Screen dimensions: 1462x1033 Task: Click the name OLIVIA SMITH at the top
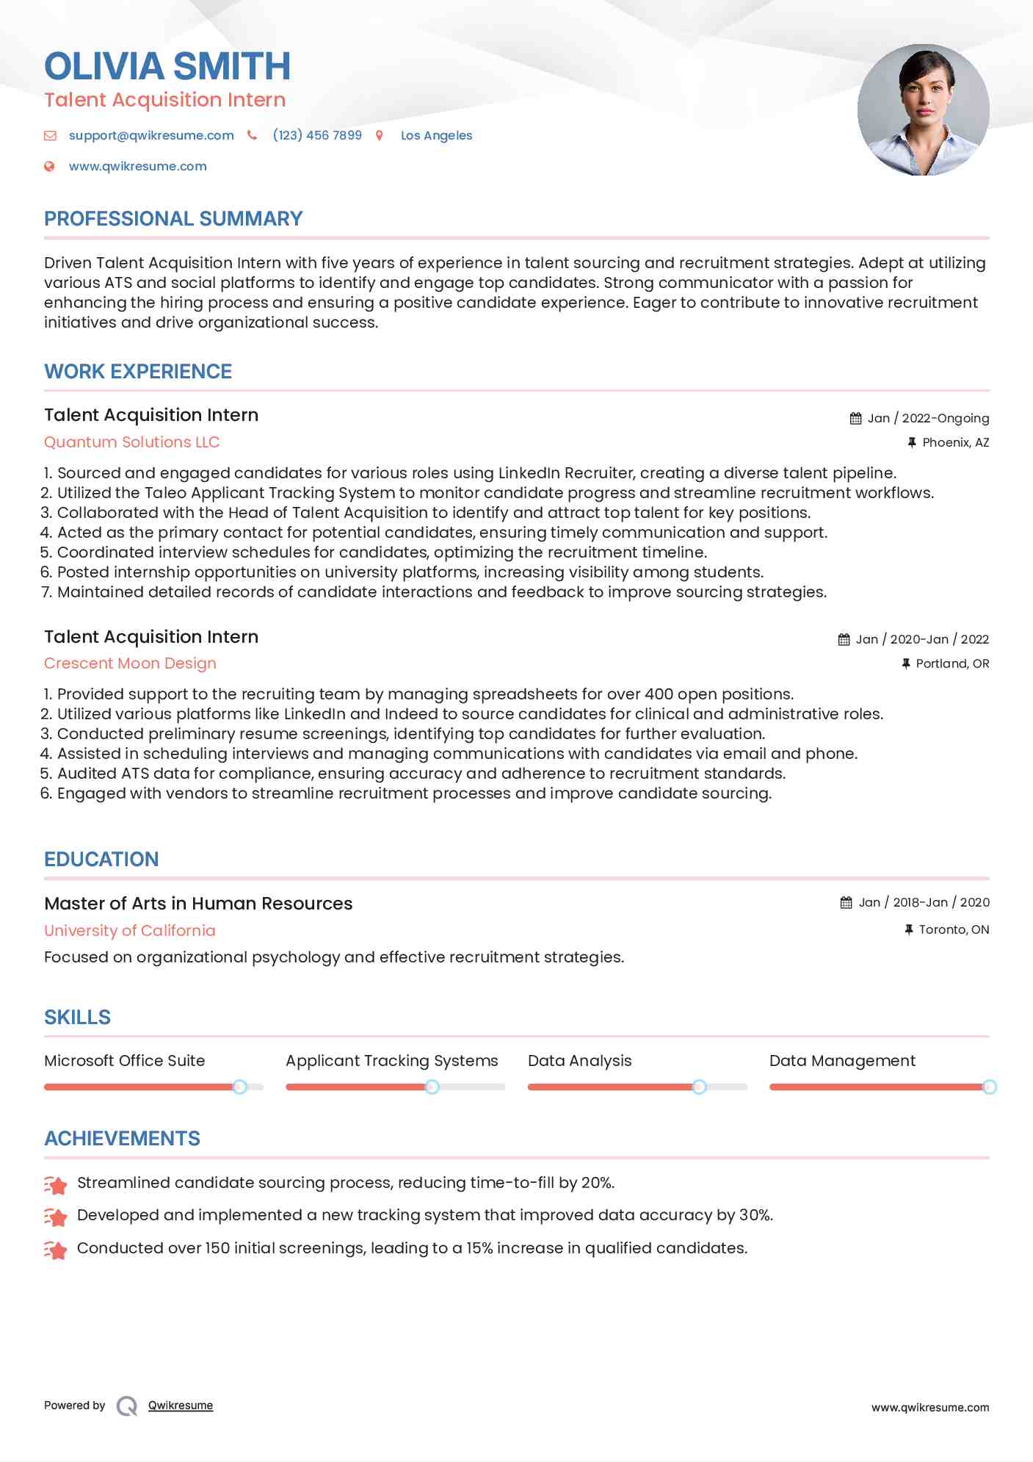point(167,66)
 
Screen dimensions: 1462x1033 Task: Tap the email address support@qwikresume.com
point(151,135)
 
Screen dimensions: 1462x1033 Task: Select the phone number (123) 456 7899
point(317,135)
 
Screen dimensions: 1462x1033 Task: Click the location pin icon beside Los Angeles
point(380,135)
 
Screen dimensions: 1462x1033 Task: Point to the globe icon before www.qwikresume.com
point(49,167)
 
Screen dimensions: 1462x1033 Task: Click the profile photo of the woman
point(923,110)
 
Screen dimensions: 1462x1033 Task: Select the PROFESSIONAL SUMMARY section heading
point(173,219)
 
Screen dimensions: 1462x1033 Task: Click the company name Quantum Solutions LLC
point(131,442)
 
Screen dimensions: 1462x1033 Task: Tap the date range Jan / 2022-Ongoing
point(928,418)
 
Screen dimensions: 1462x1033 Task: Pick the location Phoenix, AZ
point(955,442)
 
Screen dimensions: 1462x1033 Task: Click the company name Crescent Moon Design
point(130,663)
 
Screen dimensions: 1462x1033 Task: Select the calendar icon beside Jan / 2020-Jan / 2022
point(844,640)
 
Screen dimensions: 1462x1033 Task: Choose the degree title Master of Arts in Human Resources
point(198,904)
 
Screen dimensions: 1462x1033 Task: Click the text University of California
point(130,931)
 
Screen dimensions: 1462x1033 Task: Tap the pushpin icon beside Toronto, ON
point(909,930)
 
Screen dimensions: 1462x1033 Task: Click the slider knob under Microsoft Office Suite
point(239,1087)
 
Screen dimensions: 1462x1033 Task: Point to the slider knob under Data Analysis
point(699,1087)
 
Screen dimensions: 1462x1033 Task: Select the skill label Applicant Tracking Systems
point(391,1061)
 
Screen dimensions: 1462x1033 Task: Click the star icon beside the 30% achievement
point(56,1217)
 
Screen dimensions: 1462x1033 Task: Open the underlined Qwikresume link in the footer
point(181,1405)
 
